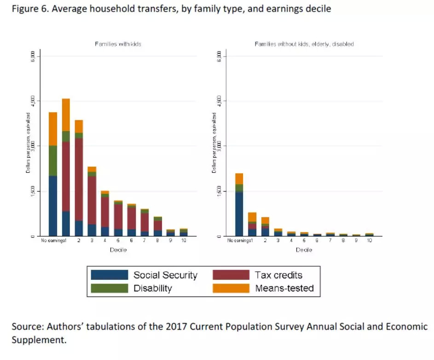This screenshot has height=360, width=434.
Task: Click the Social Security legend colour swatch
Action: pyautogui.click(x=109, y=275)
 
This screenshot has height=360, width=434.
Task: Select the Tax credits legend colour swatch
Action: pyautogui.click(x=231, y=275)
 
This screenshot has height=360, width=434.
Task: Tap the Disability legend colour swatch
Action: pyautogui.click(x=109, y=288)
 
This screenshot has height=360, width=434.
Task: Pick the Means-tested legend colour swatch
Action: pyautogui.click(x=231, y=288)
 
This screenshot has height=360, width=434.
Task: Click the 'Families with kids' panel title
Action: pyautogui.click(x=118, y=44)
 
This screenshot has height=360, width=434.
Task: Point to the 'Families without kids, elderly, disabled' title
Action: pyautogui.click(x=304, y=44)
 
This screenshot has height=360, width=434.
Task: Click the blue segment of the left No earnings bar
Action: pyautogui.click(x=52, y=206)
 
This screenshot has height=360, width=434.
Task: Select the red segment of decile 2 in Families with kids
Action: pyautogui.click(x=79, y=180)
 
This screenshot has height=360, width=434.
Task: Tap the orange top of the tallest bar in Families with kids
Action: pyautogui.click(x=66, y=115)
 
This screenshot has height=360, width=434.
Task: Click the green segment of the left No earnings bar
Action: pyautogui.click(x=52, y=161)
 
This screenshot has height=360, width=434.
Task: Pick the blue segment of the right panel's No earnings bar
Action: pyautogui.click(x=239, y=214)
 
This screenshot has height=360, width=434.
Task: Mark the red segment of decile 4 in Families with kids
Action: pyautogui.click(x=105, y=212)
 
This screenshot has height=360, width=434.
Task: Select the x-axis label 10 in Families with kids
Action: pyautogui.click(x=183, y=241)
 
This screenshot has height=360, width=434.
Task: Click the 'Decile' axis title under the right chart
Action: pyautogui.click(x=304, y=250)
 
